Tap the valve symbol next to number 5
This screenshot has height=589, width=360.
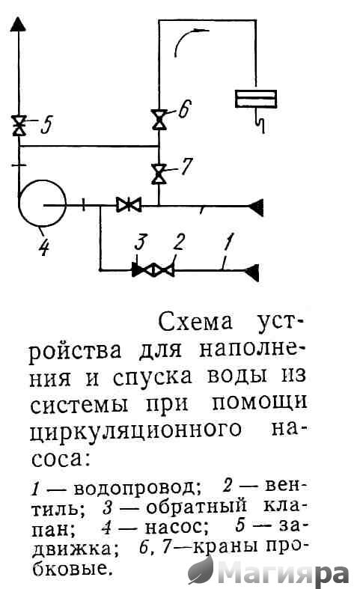coord(19,126)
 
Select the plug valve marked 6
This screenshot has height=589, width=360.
coord(159,120)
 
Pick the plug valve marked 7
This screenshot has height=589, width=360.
coord(159,174)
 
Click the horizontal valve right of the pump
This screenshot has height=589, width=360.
coord(129,205)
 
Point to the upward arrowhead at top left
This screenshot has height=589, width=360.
coord(18,23)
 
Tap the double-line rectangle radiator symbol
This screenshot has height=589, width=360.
coord(255,99)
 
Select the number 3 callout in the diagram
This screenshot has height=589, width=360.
coord(140,242)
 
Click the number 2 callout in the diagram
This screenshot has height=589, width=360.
coord(178,242)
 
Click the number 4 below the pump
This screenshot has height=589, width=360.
coord(44,247)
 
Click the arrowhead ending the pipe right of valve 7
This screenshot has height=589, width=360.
coord(255,207)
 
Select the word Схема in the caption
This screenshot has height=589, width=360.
coord(195,323)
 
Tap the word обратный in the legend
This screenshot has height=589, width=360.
coord(196,507)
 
